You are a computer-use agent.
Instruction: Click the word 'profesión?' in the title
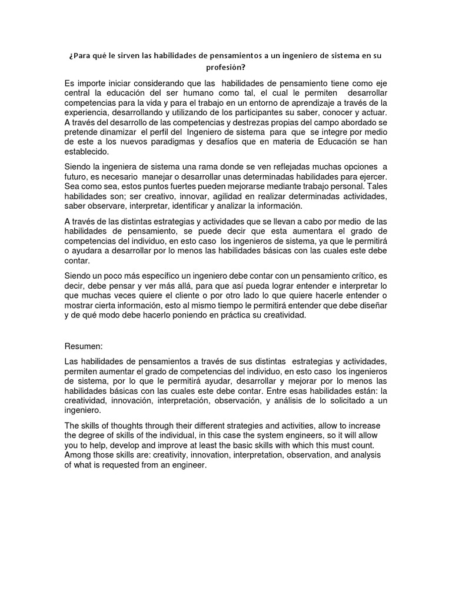[x=226, y=68]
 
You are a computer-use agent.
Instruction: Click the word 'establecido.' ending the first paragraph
[x=88, y=152]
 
